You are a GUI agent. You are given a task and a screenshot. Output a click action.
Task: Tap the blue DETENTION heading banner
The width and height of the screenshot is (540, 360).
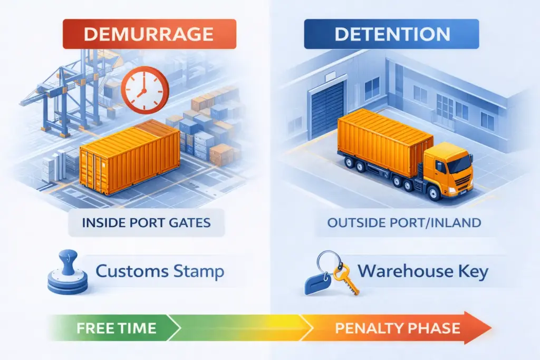(x=392, y=34)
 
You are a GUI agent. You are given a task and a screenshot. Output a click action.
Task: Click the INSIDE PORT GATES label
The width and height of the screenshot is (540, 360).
(x=146, y=222)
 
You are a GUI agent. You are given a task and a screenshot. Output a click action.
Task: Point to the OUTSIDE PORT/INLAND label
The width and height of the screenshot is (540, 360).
(x=404, y=222)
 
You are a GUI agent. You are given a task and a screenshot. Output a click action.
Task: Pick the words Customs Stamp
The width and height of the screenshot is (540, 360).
(x=159, y=272)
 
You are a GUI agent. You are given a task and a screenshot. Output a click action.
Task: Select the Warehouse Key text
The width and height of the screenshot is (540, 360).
(x=422, y=272)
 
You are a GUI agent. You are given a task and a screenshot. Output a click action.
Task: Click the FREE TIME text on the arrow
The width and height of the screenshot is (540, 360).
(x=116, y=328)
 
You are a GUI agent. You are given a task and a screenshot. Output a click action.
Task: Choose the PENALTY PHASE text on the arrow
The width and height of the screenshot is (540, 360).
(x=397, y=328)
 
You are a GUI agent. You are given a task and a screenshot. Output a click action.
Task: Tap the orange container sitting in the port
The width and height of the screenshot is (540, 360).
(x=129, y=158)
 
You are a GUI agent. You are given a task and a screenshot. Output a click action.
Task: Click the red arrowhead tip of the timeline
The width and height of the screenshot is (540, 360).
(x=488, y=328)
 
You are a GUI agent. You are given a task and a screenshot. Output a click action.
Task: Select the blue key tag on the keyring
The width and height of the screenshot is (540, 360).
(x=320, y=285)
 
